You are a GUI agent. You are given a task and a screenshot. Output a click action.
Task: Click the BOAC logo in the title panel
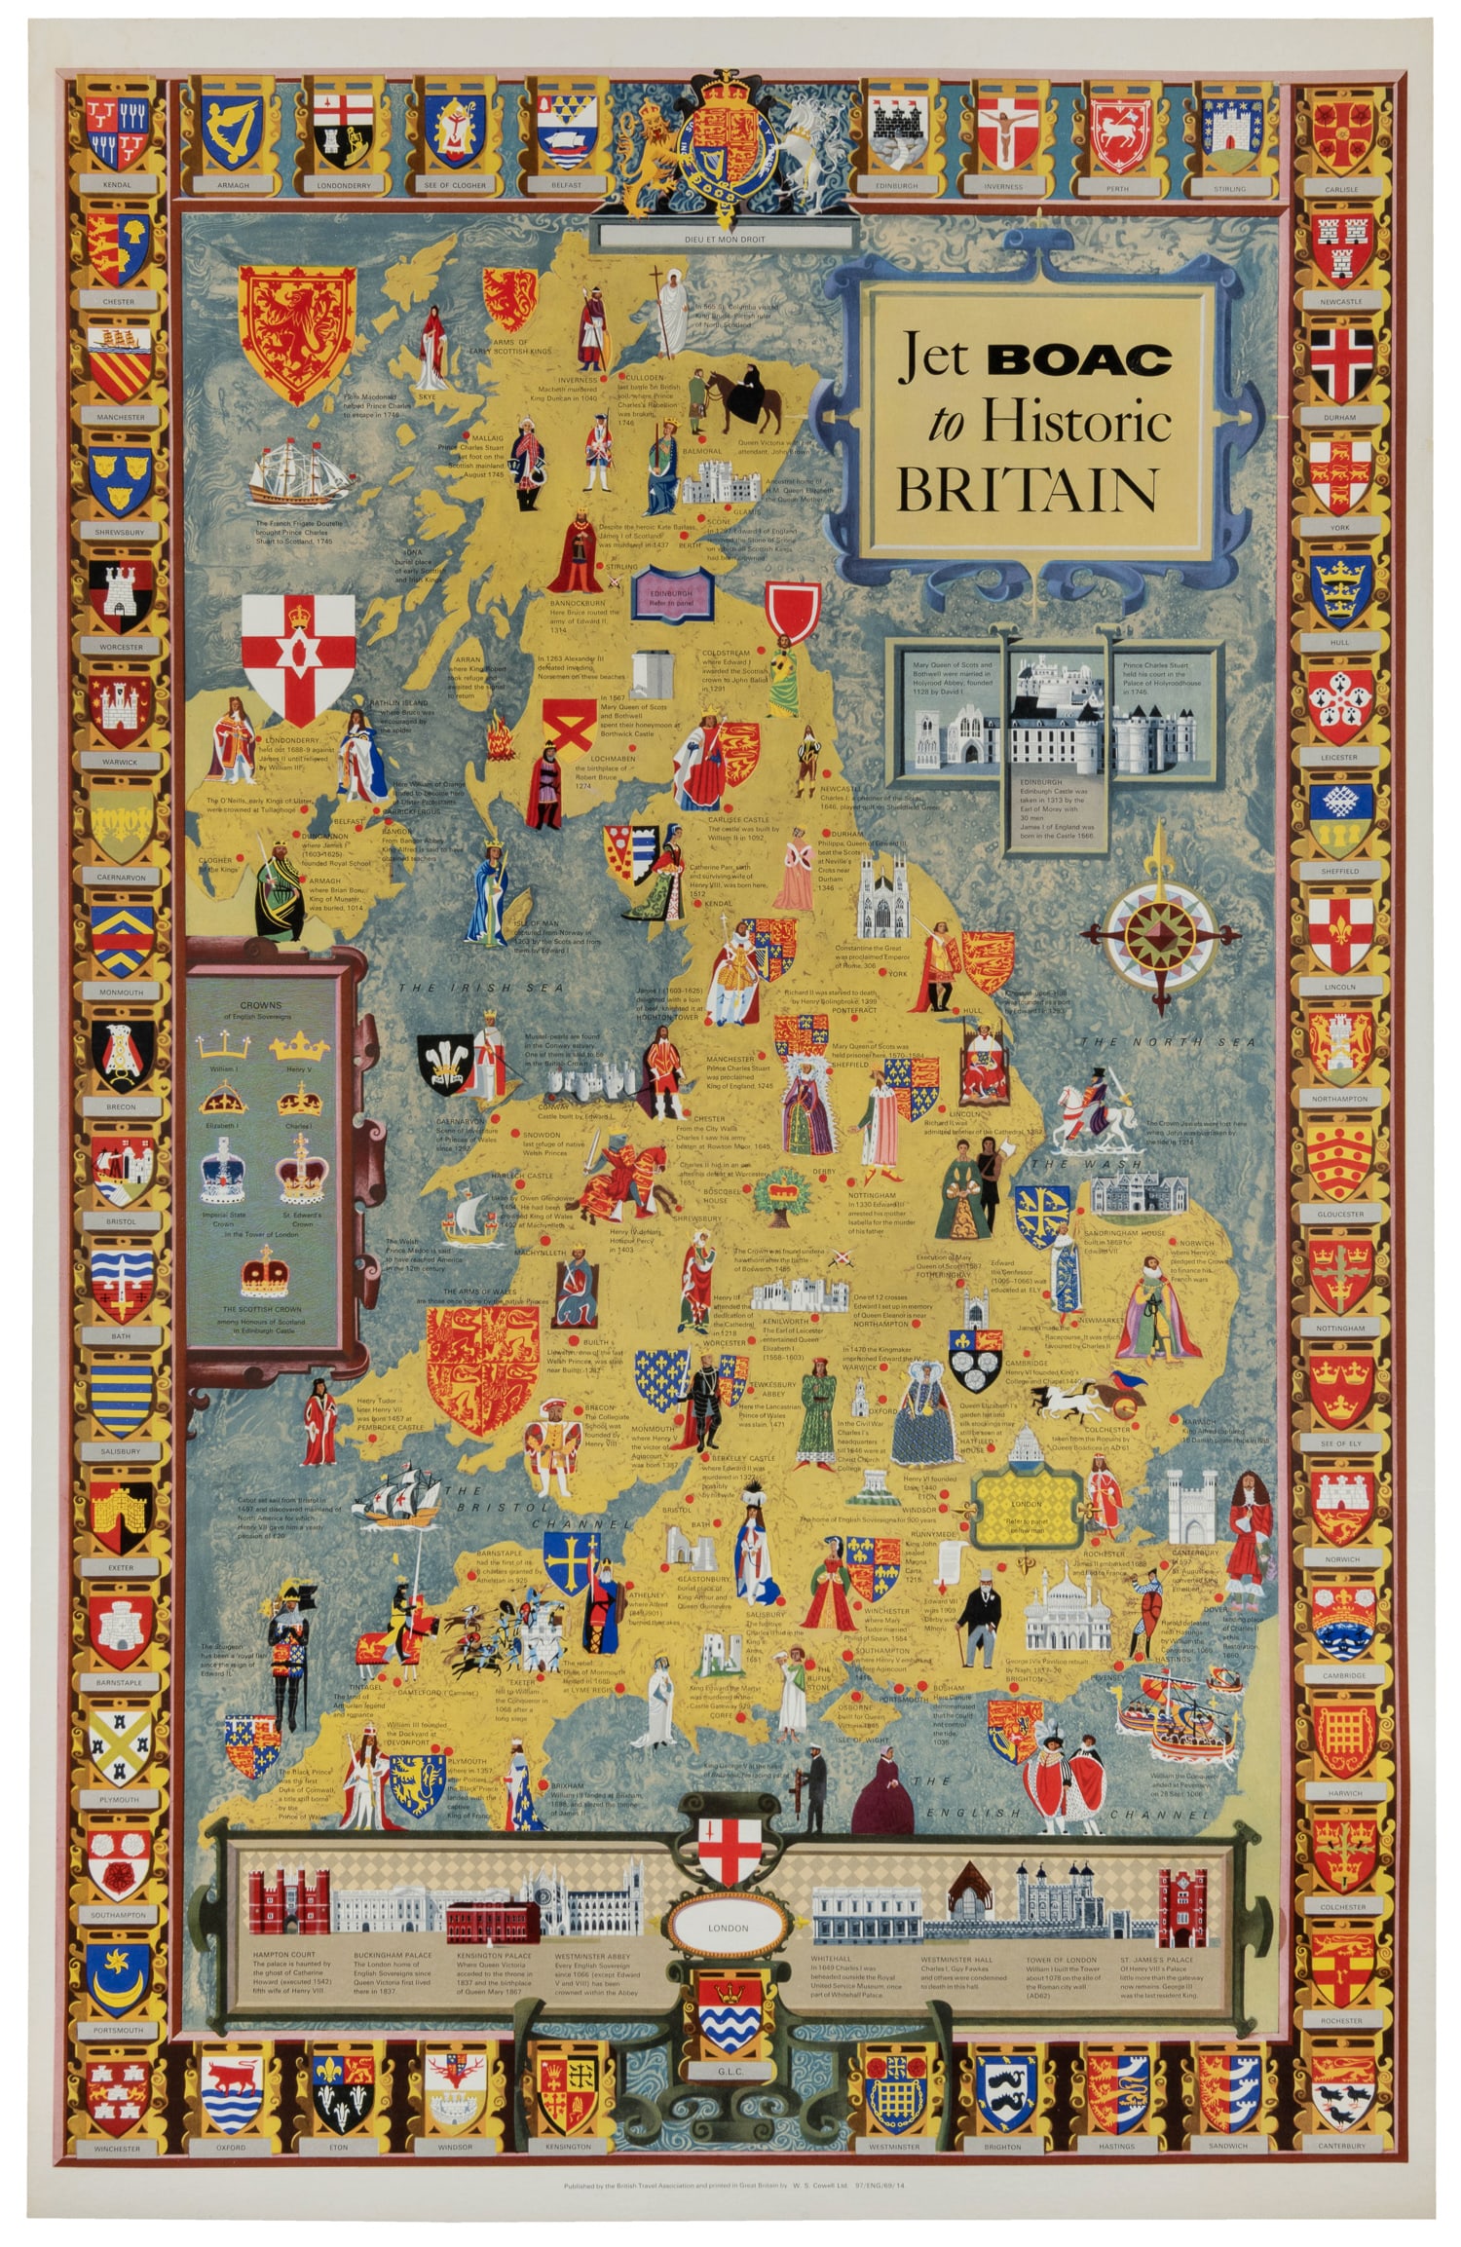[x=1079, y=360]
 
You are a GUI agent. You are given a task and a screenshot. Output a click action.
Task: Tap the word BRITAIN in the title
[x=1027, y=489]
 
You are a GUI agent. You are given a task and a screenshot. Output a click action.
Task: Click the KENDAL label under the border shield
[x=118, y=184]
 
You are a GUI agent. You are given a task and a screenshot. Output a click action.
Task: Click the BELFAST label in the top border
[x=566, y=185]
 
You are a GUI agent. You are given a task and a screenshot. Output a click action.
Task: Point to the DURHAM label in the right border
[x=1340, y=417]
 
